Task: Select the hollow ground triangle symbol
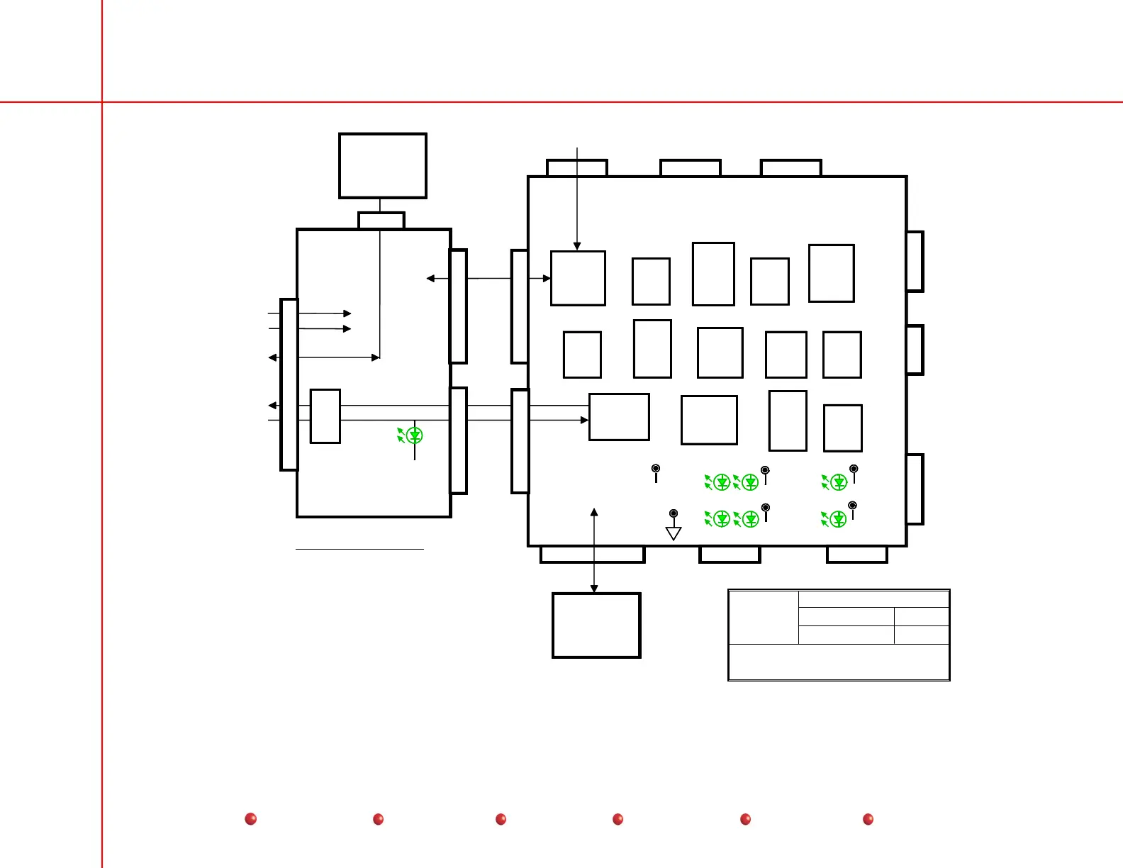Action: (x=674, y=533)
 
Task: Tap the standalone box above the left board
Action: (x=382, y=166)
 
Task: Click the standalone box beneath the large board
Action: (x=596, y=625)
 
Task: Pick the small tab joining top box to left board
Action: (x=381, y=221)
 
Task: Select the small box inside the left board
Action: (x=325, y=416)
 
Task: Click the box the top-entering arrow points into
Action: (x=578, y=278)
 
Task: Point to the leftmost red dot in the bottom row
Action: (x=250, y=819)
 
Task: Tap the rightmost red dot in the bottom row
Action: (x=868, y=819)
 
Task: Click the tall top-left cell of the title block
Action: (x=764, y=617)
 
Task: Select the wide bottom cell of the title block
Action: (x=839, y=662)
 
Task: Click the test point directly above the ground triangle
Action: (x=674, y=513)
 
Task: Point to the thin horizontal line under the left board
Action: (x=359, y=549)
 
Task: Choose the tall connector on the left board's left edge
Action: (x=289, y=384)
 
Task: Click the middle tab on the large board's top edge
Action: (x=691, y=168)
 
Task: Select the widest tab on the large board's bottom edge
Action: (x=593, y=555)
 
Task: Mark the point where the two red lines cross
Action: (x=102, y=102)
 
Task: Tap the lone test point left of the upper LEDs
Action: (x=656, y=469)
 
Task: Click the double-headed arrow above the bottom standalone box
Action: (x=594, y=550)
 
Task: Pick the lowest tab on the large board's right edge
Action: (x=915, y=489)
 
